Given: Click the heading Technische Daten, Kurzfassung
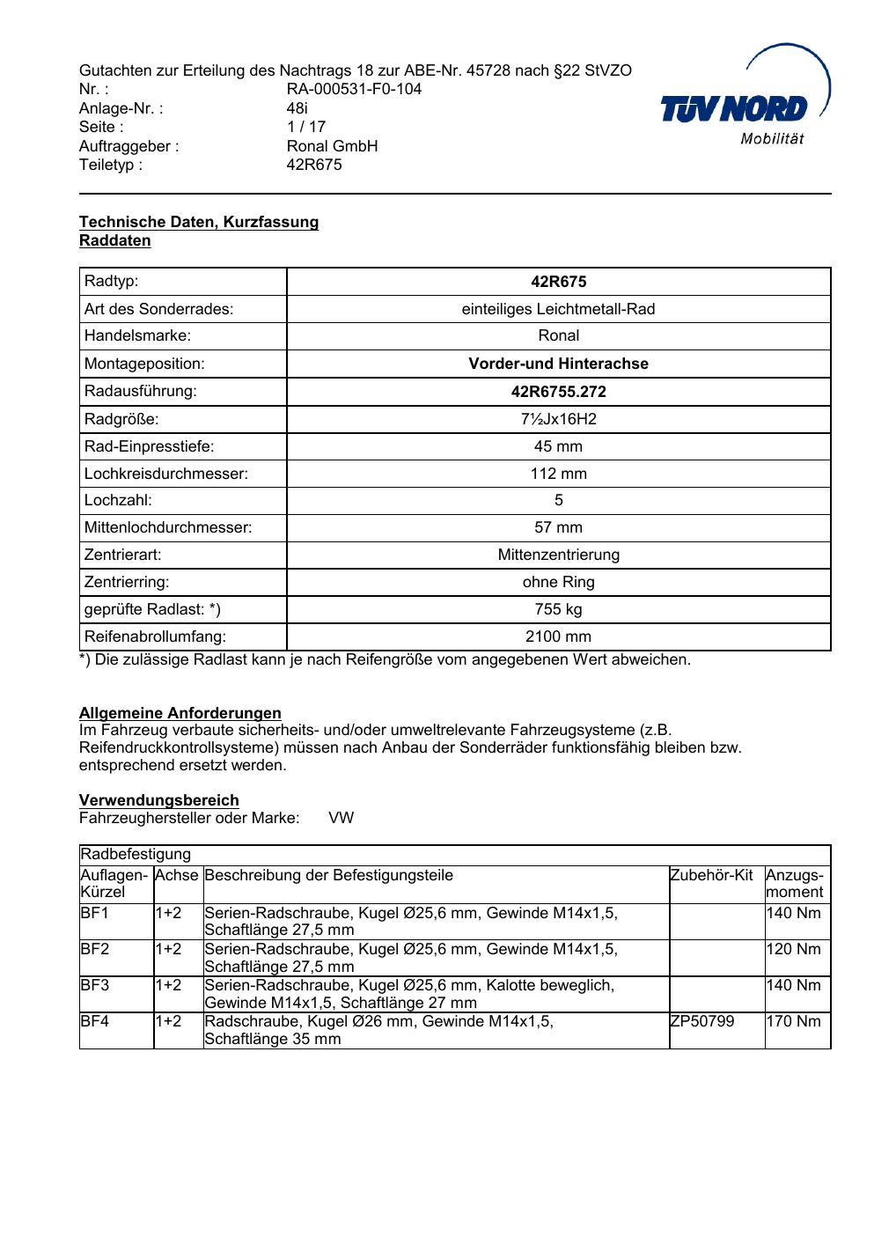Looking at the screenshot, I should (x=199, y=222).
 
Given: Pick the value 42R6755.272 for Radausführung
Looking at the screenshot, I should (x=558, y=392).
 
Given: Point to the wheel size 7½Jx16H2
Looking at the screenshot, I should (x=558, y=419).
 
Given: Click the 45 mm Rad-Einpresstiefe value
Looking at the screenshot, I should (x=558, y=446).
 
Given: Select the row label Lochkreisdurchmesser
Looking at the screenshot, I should (x=166, y=474).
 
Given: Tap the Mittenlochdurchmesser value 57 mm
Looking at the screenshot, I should (x=558, y=527).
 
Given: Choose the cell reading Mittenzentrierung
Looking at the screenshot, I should (x=558, y=555).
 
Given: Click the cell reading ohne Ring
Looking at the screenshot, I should (x=558, y=582).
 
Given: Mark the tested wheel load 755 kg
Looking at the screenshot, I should (x=558, y=609).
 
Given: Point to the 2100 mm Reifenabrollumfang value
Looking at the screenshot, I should (x=558, y=636).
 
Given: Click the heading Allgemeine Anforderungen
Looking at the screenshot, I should (x=180, y=713).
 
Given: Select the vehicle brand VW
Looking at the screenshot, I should (x=342, y=818).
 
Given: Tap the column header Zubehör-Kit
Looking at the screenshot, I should (x=711, y=875).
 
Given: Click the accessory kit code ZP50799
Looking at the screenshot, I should (x=702, y=1021).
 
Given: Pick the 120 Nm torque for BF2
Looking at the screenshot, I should (x=793, y=949).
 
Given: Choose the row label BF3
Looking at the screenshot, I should (x=95, y=985).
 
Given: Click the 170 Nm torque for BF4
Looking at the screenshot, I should (x=793, y=1021).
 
